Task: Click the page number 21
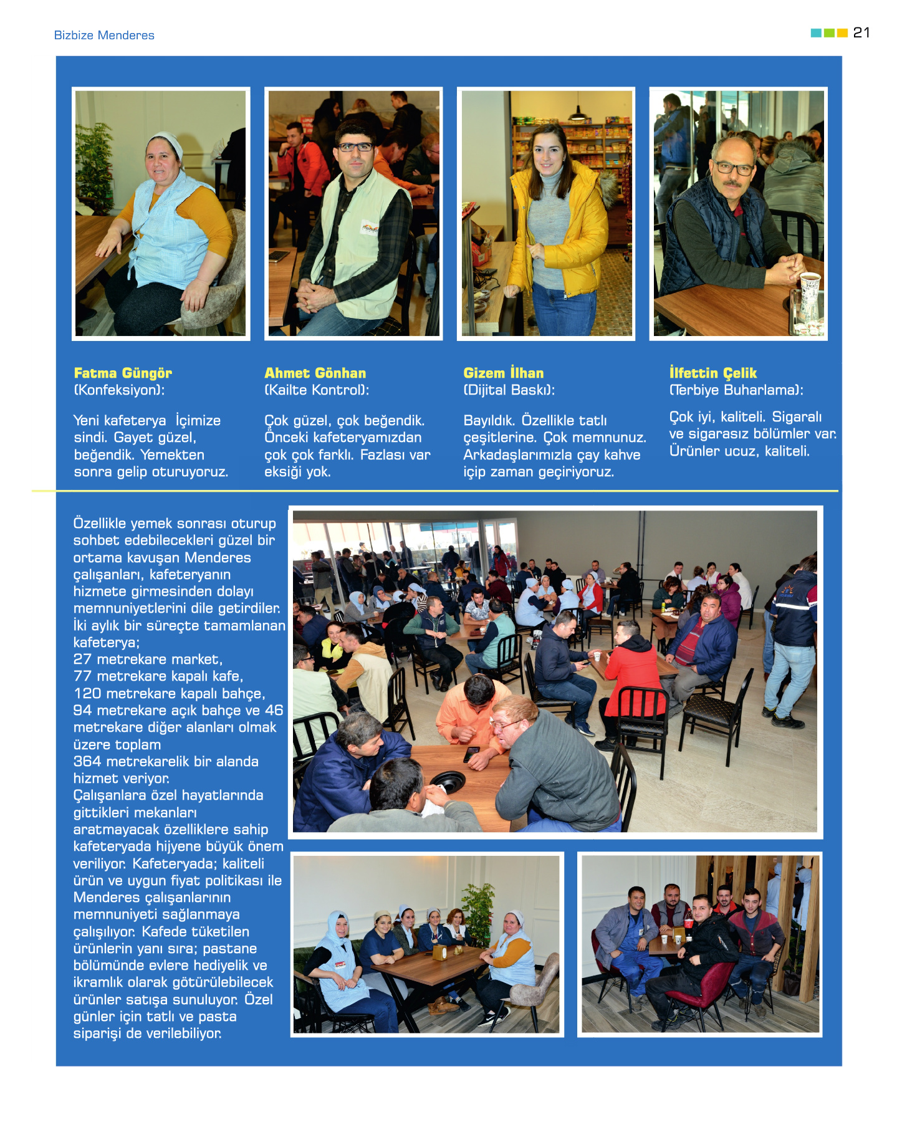pos(861,32)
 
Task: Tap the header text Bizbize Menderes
pos(104,36)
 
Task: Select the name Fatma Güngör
pos(123,373)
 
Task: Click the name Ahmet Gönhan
pos(315,373)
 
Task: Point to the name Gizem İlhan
pos(503,373)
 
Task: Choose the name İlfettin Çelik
pos(712,373)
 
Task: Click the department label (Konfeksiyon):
pos(119,390)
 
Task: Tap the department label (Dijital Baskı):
pos(509,390)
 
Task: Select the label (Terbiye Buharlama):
pos(736,390)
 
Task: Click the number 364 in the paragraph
pos(87,761)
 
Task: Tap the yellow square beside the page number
pos(842,33)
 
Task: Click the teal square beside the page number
pos(815,33)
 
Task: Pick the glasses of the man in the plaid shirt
pos(355,147)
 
